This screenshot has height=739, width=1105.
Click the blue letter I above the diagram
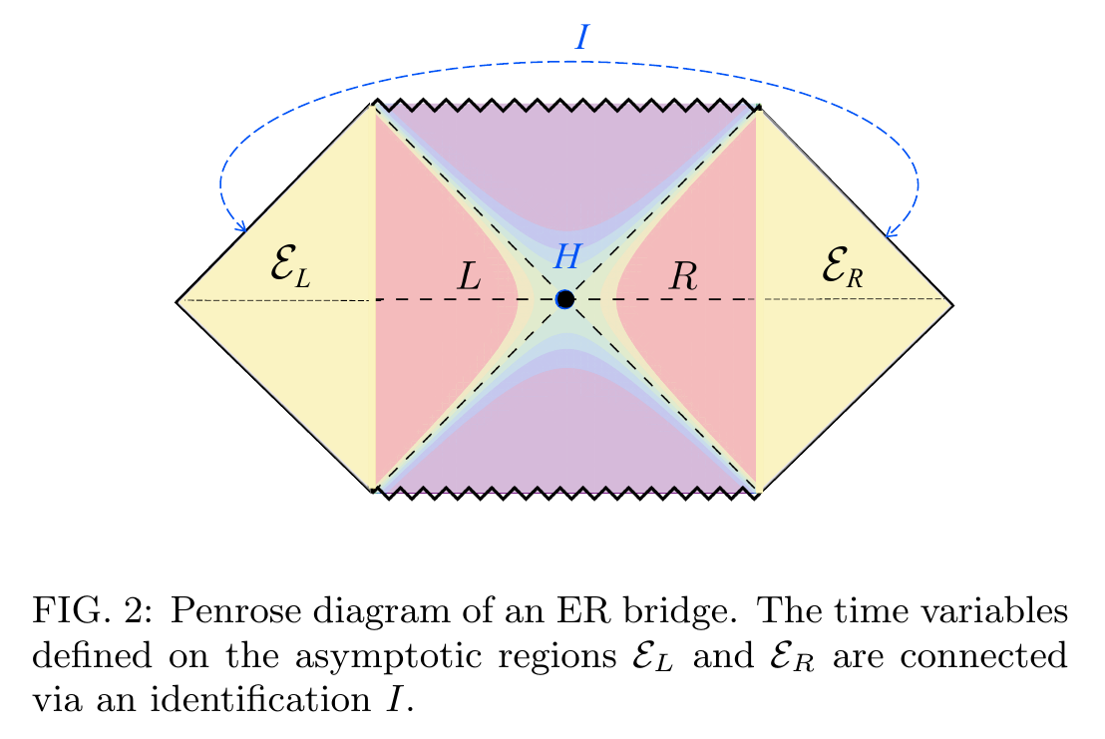[582, 37]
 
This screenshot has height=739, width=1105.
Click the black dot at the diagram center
[564, 299]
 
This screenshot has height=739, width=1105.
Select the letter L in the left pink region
[469, 276]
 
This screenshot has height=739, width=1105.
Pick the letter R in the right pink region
[683, 276]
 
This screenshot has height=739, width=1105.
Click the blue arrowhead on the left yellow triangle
[241, 226]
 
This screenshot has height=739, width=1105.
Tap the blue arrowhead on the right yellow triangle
[891, 231]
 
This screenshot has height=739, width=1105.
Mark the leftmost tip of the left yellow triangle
[177, 301]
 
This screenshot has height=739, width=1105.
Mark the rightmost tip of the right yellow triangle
[952, 304]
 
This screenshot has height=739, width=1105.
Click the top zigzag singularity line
[565, 105]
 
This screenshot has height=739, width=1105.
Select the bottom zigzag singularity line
[565, 493]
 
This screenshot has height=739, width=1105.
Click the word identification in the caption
[260, 699]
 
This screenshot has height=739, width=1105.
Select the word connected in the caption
[983, 656]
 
